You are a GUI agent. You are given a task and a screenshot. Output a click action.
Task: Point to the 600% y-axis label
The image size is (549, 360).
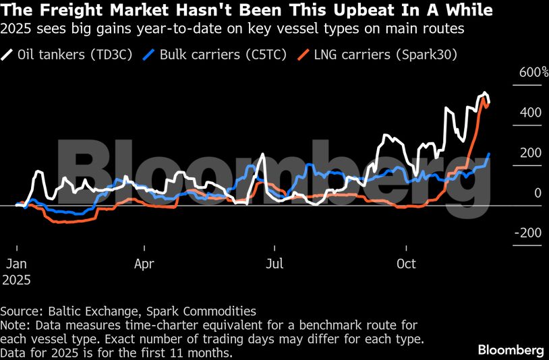pos(532,73)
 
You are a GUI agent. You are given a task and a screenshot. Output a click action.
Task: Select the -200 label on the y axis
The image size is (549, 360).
pos(529,233)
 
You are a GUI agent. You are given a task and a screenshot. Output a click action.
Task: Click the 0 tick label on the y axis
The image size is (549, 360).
pos(538,193)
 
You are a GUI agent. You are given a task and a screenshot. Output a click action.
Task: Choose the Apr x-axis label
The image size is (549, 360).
pos(145,263)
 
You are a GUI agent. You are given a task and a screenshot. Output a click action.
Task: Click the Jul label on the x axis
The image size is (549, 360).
pos(274,263)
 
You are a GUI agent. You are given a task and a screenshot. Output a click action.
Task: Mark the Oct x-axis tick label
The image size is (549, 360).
pos(406,263)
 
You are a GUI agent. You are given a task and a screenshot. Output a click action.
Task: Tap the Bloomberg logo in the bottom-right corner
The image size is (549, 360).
pos(511,350)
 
